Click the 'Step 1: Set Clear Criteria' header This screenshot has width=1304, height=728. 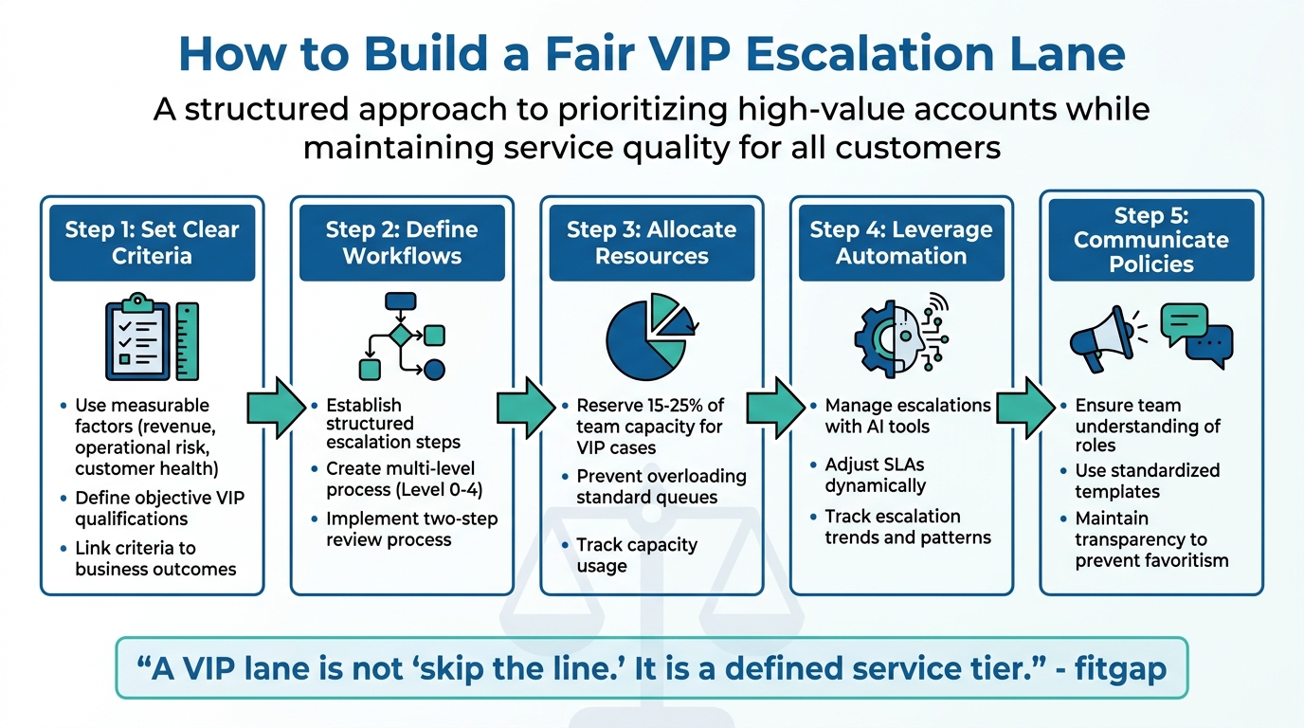point(152,243)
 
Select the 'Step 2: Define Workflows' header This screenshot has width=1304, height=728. point(402,243)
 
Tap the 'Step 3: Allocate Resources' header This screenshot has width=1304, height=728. point(651,243)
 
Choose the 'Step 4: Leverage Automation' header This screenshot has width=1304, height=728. point(901,243)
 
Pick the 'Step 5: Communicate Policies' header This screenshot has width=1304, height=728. point(1150,240)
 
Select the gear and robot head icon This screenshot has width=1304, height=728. point(901,338)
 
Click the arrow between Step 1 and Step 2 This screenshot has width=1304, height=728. point(277,408)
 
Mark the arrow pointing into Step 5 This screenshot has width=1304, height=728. point(1026,408)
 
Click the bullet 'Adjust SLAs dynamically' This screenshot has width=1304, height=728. point(874,475)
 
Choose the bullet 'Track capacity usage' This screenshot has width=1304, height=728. point(636,555)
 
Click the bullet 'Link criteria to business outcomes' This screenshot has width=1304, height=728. point(154,558)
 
